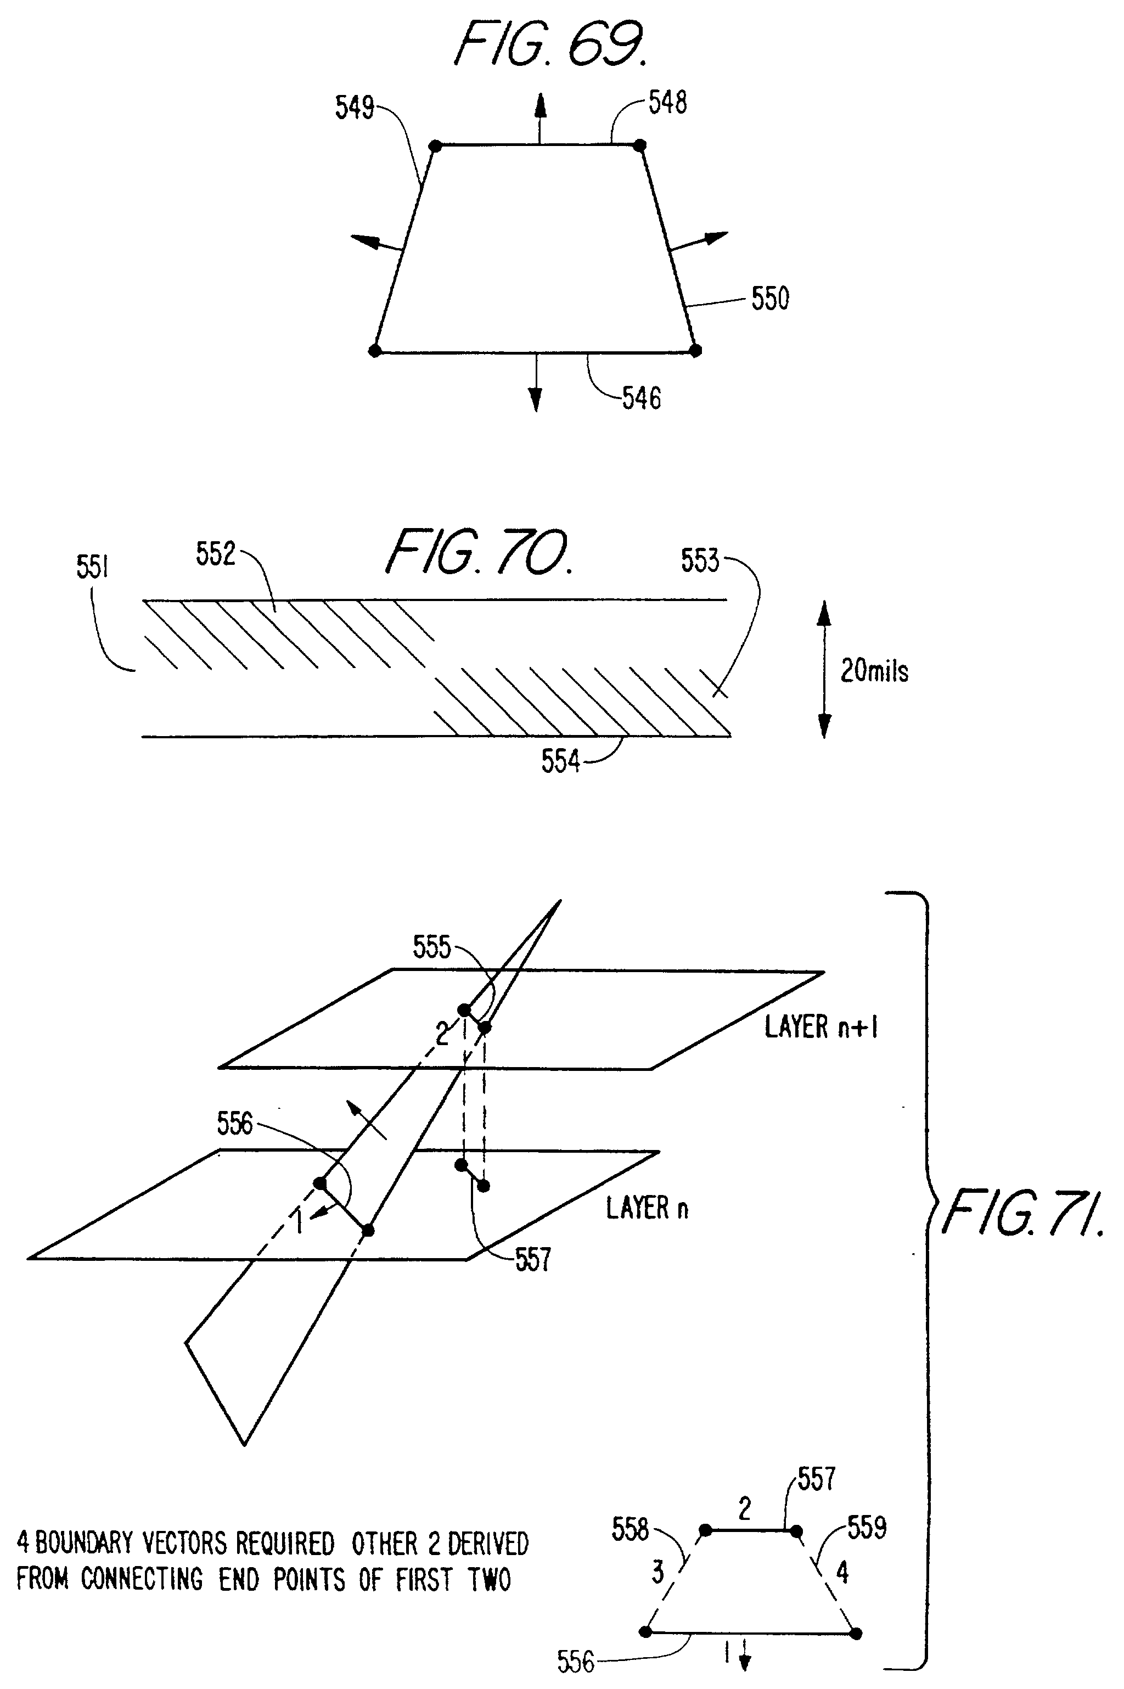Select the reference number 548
click(x=667, y=103)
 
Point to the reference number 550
click(x=770, y=298)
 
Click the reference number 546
click(x=641, y=399)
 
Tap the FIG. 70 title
click(x=479, y=553)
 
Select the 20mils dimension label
click(x=874, y=672)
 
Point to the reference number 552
click(x=215, y=554)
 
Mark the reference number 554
click(x=560, y=762)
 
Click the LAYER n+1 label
click(x=821, y=1028)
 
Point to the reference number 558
click(x=630, y=1530)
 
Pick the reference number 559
click(x=867, y=1528)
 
